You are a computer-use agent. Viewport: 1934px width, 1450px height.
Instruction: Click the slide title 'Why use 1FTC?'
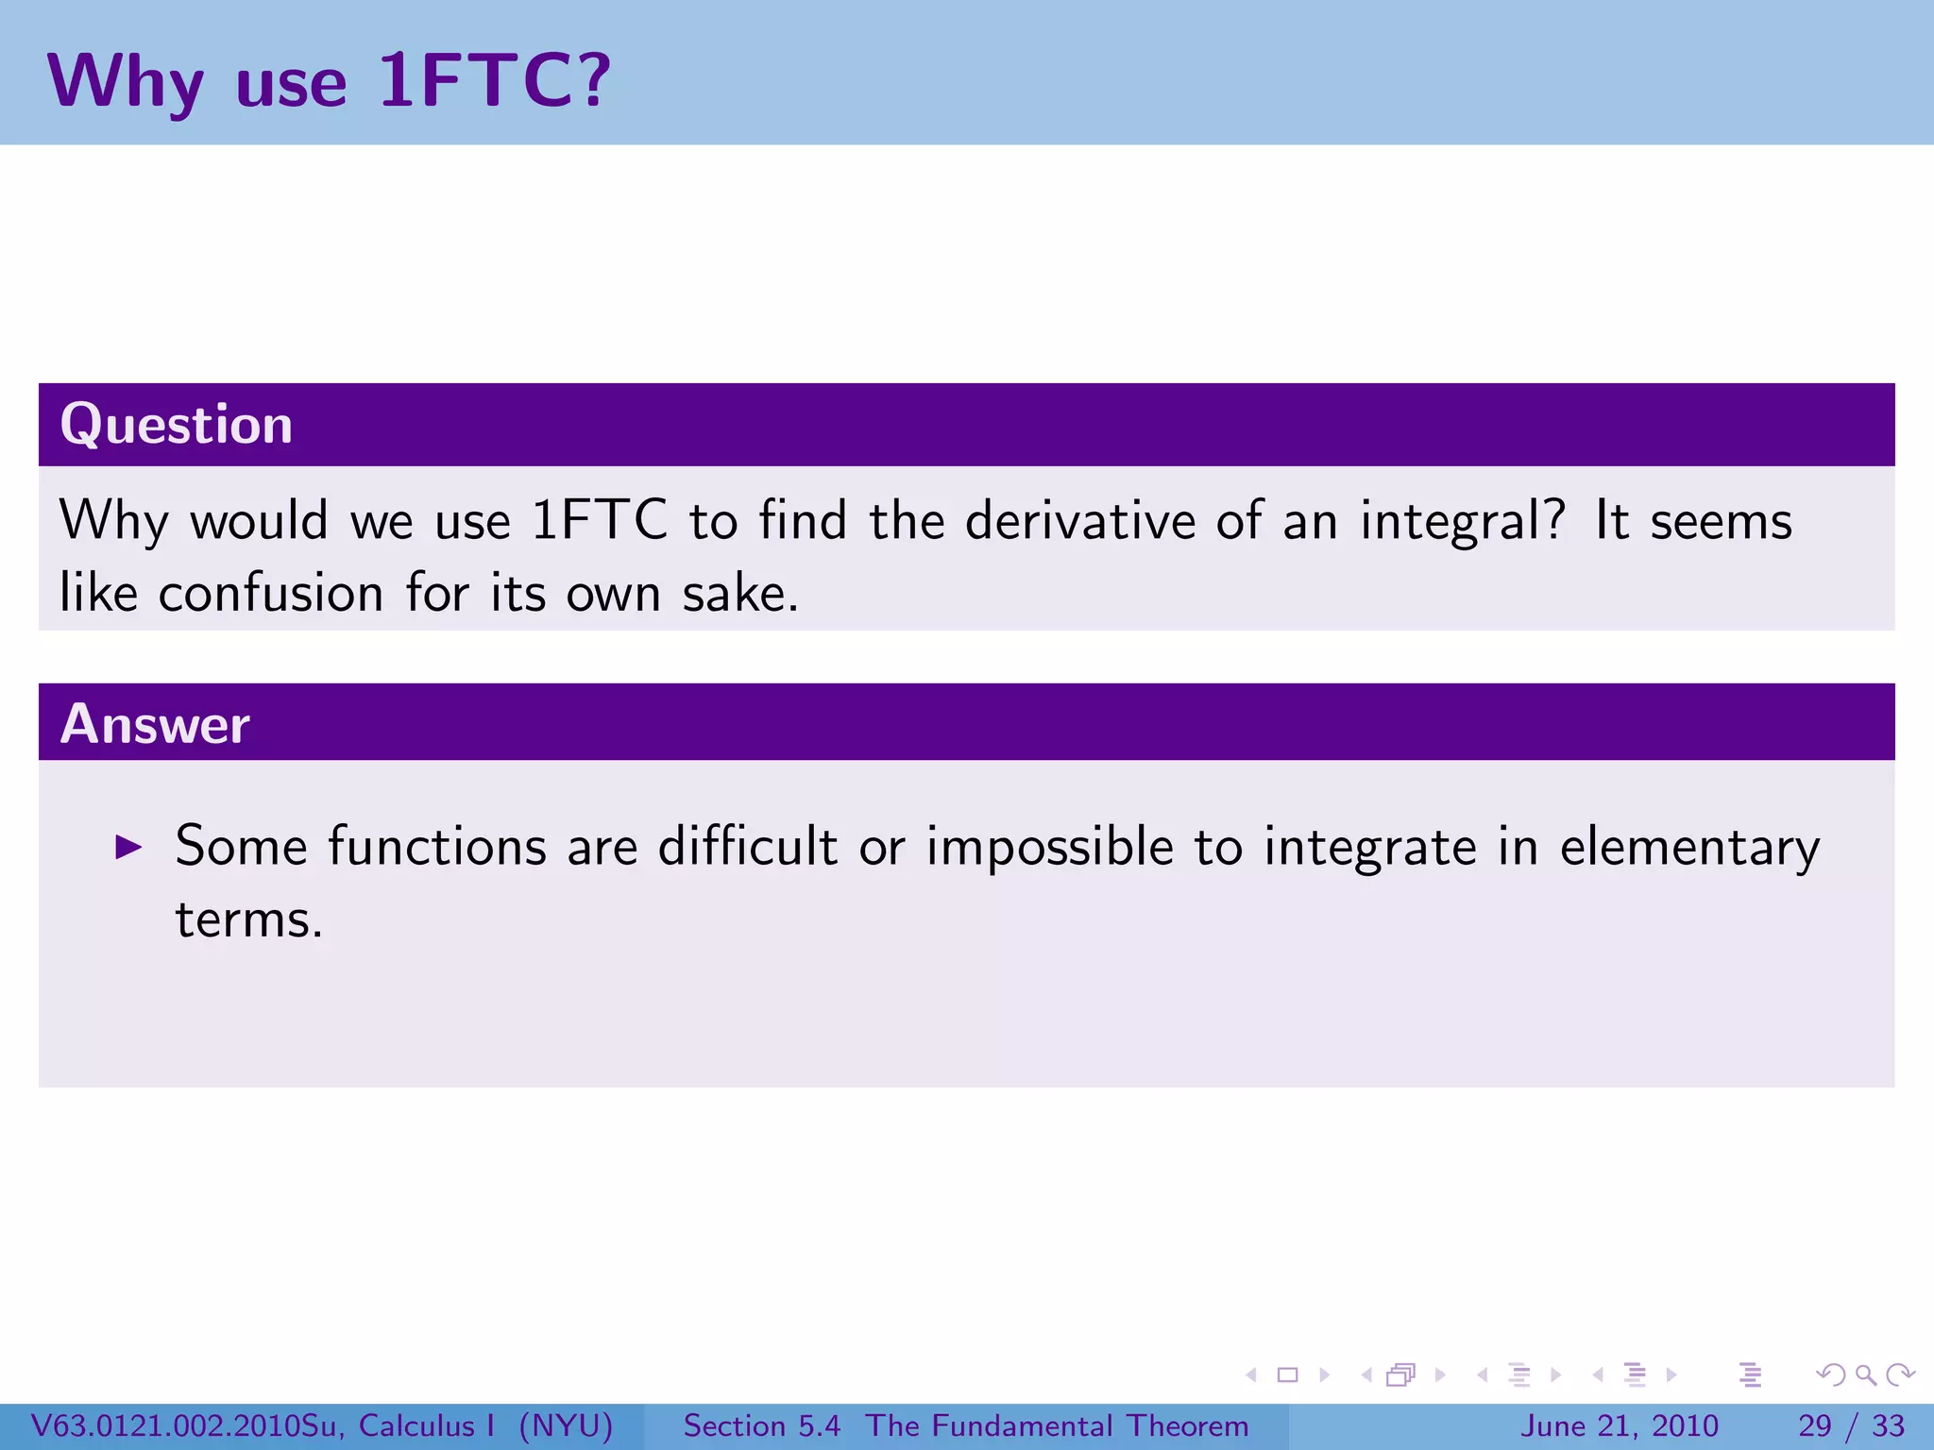tap(329, 81)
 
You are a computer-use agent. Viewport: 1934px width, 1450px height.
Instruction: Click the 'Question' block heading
tap(177, 424)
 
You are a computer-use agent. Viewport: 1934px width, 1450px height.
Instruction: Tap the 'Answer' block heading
tap(155, 724)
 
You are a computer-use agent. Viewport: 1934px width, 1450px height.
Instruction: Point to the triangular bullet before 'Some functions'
tap(127, 847)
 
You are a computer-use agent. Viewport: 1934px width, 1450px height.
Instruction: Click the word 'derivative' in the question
tap(1079, 520)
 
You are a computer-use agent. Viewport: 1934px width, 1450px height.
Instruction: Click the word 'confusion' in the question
tap(271, 593)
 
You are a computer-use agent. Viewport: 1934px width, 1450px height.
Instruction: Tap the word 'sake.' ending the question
tap(740, 593)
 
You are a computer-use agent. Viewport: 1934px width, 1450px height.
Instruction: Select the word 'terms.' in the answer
tap(249, 919)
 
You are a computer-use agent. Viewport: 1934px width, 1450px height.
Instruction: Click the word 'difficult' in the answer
tap(747, 845)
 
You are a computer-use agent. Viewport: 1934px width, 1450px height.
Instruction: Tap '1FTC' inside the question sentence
tap(599, 520)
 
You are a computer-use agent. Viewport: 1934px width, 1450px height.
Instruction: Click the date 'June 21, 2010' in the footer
tap(1619, 1425)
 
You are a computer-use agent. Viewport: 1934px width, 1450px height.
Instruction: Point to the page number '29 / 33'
tap(1851, 1425)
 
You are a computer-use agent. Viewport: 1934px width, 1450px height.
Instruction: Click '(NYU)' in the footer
tap(566, 1425)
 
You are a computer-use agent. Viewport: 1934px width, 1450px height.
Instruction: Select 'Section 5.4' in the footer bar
tap(761, 1425)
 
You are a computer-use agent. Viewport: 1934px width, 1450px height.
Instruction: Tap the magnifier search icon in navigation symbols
tap(1865, 1374)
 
